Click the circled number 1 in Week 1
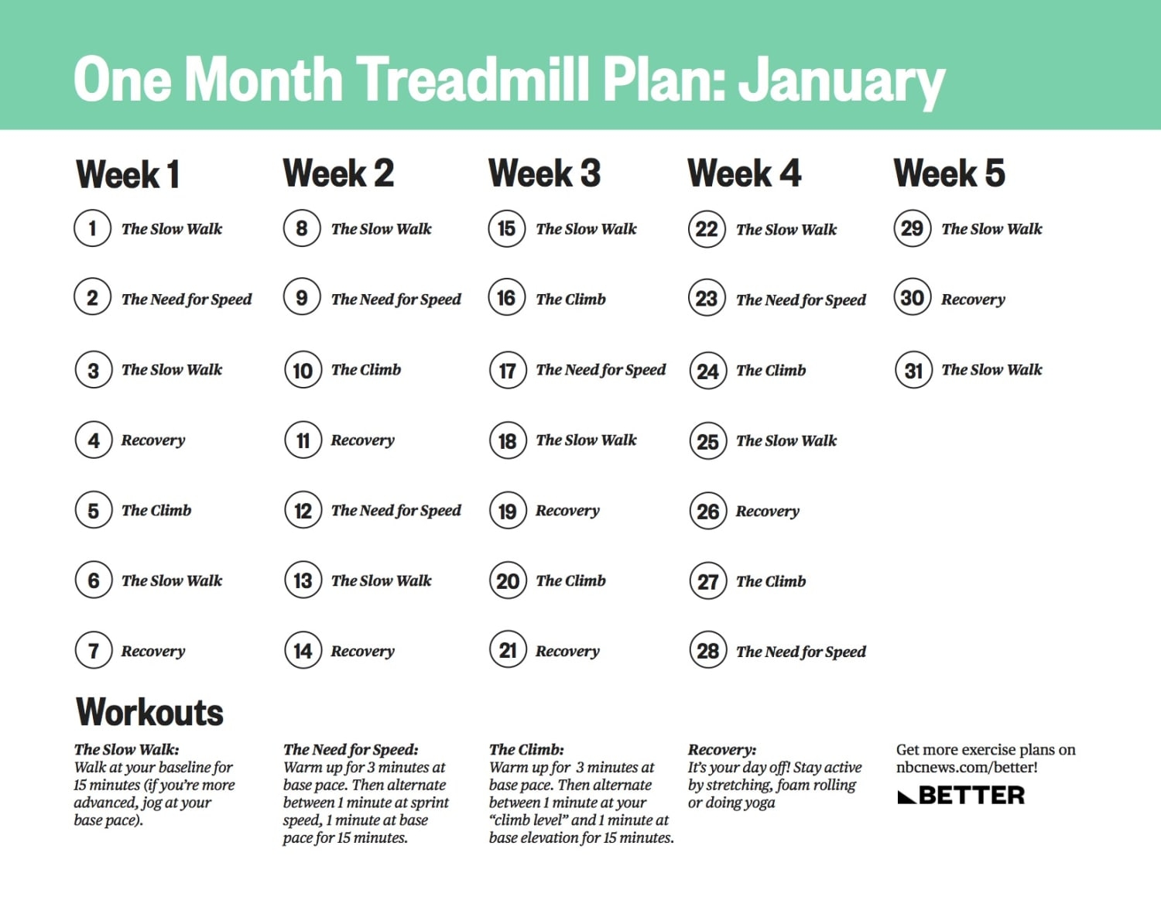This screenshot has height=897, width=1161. (93, 229)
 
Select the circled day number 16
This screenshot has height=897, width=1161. (507, 299)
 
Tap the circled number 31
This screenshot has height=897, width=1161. (913, 371)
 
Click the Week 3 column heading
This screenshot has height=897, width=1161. (544, 173)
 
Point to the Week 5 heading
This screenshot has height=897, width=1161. (949, 173)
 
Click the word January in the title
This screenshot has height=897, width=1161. (841, 80)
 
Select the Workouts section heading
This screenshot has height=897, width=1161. (149, 712)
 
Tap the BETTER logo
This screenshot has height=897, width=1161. (961, 796)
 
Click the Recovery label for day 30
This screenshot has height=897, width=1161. (973, 300)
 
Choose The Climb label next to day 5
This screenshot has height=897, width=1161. (156, 511)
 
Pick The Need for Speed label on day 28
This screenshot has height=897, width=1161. (800, 652)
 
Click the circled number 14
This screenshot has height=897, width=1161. (303, 651)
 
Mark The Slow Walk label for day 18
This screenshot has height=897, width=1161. (586, 440)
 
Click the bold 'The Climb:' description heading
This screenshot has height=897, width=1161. (526, 749)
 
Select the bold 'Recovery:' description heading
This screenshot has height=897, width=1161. (722, 749)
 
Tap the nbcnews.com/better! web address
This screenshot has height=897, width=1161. (967, 768)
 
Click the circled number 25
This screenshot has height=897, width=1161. (707, 442)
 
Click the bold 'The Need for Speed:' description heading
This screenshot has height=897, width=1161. (351, 749)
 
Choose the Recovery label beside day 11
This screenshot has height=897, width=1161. (362, 440)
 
